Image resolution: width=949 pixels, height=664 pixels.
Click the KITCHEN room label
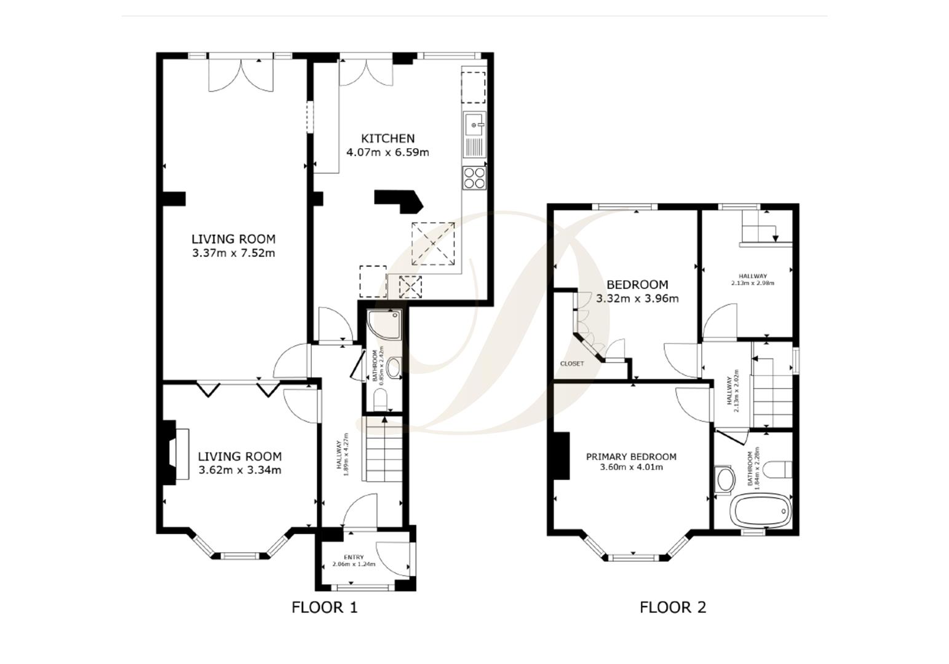(x=387, y=138)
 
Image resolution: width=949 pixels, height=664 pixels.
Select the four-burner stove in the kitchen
(x=474, y=178)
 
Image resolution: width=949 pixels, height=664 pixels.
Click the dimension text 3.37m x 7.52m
(x=233, y=253)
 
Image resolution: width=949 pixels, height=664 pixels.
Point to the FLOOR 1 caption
(x=324, y=607)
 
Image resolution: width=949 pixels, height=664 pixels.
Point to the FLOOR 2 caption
(x=673, y=607)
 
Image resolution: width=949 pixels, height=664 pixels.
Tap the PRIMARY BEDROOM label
(x=631, y=457)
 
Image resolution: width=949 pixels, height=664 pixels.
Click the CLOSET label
(x=572, y=363)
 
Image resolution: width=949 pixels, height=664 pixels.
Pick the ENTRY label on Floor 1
(x=354, y=558)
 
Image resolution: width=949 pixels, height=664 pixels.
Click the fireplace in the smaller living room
(x=175, y=453)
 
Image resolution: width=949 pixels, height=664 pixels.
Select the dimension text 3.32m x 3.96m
(x=637, y=299)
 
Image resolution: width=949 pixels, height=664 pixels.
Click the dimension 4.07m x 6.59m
(x=387, y=152)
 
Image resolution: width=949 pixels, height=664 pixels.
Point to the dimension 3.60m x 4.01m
(x=631, y=467)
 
